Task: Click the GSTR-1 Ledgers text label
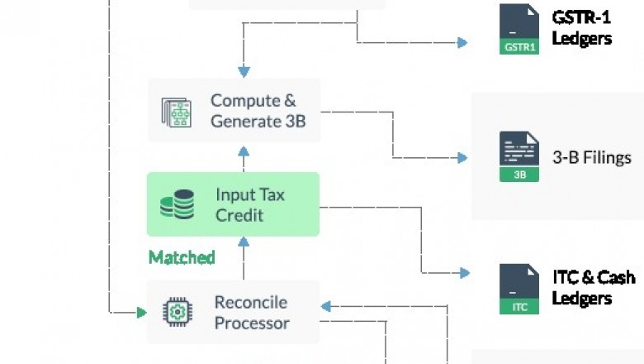point(581,27)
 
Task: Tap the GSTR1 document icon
point(519,29)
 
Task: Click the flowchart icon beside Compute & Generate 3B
point(177,112)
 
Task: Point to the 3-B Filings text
point(591,157)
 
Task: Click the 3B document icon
point(519,157)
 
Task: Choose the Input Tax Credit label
point(250,204)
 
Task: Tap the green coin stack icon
point(177,204)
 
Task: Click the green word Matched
point(182,257)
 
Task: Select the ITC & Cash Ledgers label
point(594,286)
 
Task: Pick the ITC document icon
point(519,289)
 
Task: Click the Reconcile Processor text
point(252,312)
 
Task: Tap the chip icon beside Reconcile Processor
point(177,312)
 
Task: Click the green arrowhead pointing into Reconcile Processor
point(141,313)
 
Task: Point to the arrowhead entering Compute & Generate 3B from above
point(243,71)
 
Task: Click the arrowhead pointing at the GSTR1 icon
point(463,42)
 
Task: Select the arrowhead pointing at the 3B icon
point(463,157)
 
